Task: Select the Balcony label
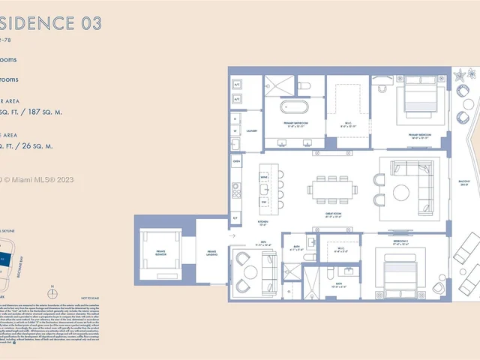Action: (x=464, y=183)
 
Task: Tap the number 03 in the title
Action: (x=86, y=23)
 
